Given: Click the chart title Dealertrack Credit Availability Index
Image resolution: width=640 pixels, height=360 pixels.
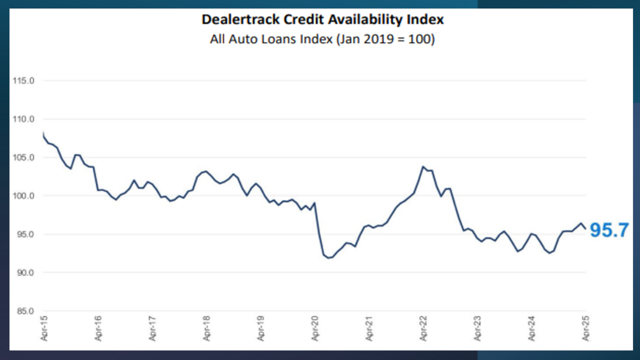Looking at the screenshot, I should [x=322, y=19].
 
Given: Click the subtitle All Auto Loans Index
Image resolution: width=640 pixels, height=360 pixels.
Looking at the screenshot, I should [x=322, y=39].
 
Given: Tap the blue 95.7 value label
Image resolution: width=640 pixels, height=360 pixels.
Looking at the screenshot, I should [x=609, y=230].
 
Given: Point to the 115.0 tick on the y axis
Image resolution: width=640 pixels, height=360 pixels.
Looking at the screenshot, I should [x=23, y=81].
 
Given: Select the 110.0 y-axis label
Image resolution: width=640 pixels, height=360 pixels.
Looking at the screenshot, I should [x=23, y=119].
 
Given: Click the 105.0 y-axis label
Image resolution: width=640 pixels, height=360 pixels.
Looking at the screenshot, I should [x=23, y=157].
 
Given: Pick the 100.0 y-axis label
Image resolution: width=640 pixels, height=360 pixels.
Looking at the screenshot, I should [x=23, y=196].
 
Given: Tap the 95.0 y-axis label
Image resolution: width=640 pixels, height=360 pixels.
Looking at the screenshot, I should [x=25, y=234].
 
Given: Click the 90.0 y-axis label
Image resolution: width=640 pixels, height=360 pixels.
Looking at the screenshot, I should [x=25, y=272].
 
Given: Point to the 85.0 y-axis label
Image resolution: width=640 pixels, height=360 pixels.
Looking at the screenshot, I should [x=25, y=311].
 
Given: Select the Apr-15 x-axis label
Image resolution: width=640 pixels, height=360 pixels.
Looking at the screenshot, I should [x=44, y=328].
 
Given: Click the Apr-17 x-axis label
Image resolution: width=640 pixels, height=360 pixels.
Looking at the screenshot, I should [x=153, y=328].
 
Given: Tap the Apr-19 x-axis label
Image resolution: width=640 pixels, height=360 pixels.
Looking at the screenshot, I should [x=261, y=328].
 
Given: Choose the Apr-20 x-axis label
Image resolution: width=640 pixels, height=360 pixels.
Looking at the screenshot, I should [x=315, y=328].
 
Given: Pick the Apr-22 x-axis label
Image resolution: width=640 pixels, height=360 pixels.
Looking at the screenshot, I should [x=423, y=328].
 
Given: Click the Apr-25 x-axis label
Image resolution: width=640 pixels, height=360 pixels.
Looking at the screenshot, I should [x=586, y=328].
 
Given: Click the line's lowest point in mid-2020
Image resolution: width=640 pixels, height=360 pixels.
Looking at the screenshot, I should [x=329, y=258].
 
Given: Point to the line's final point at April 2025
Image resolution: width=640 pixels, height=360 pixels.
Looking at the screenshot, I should [x=585, y=229].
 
